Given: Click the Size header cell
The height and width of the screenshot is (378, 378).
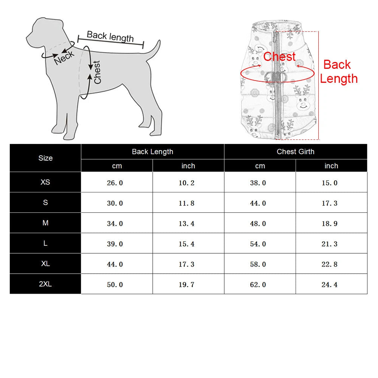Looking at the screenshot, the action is tap(45, 158).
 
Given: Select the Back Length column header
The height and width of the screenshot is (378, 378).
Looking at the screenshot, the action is tap(153, 152).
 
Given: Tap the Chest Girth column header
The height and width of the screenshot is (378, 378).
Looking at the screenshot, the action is tap(296, 152).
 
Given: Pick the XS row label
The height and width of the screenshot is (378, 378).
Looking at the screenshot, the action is tap(45, 182).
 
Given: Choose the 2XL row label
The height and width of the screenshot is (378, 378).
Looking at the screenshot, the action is tap(45, 284).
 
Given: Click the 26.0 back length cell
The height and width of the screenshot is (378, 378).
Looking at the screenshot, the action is tap(117, 183).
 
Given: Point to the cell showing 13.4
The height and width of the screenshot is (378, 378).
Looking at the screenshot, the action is tap(188, 223).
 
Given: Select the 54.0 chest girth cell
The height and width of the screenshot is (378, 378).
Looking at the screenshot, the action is tap(260, 243).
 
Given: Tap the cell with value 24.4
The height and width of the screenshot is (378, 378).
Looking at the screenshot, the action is tap(332, 284).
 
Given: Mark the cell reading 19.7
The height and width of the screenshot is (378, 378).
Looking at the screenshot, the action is tap(188, 284).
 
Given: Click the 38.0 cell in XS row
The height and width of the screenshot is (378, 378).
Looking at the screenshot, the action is tap(260, 183).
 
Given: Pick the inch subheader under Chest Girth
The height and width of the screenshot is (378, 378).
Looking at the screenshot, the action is tap(332, 166).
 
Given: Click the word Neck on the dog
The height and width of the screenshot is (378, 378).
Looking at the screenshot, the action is tap(64, 57).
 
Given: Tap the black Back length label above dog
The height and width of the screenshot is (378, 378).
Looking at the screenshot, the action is tap(110, 36).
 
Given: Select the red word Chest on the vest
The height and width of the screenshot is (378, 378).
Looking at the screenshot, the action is tap(279, 57).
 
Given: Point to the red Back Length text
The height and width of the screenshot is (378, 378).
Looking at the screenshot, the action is tap(338, 71).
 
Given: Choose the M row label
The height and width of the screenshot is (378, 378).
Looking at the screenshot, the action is tap(45, 223).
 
